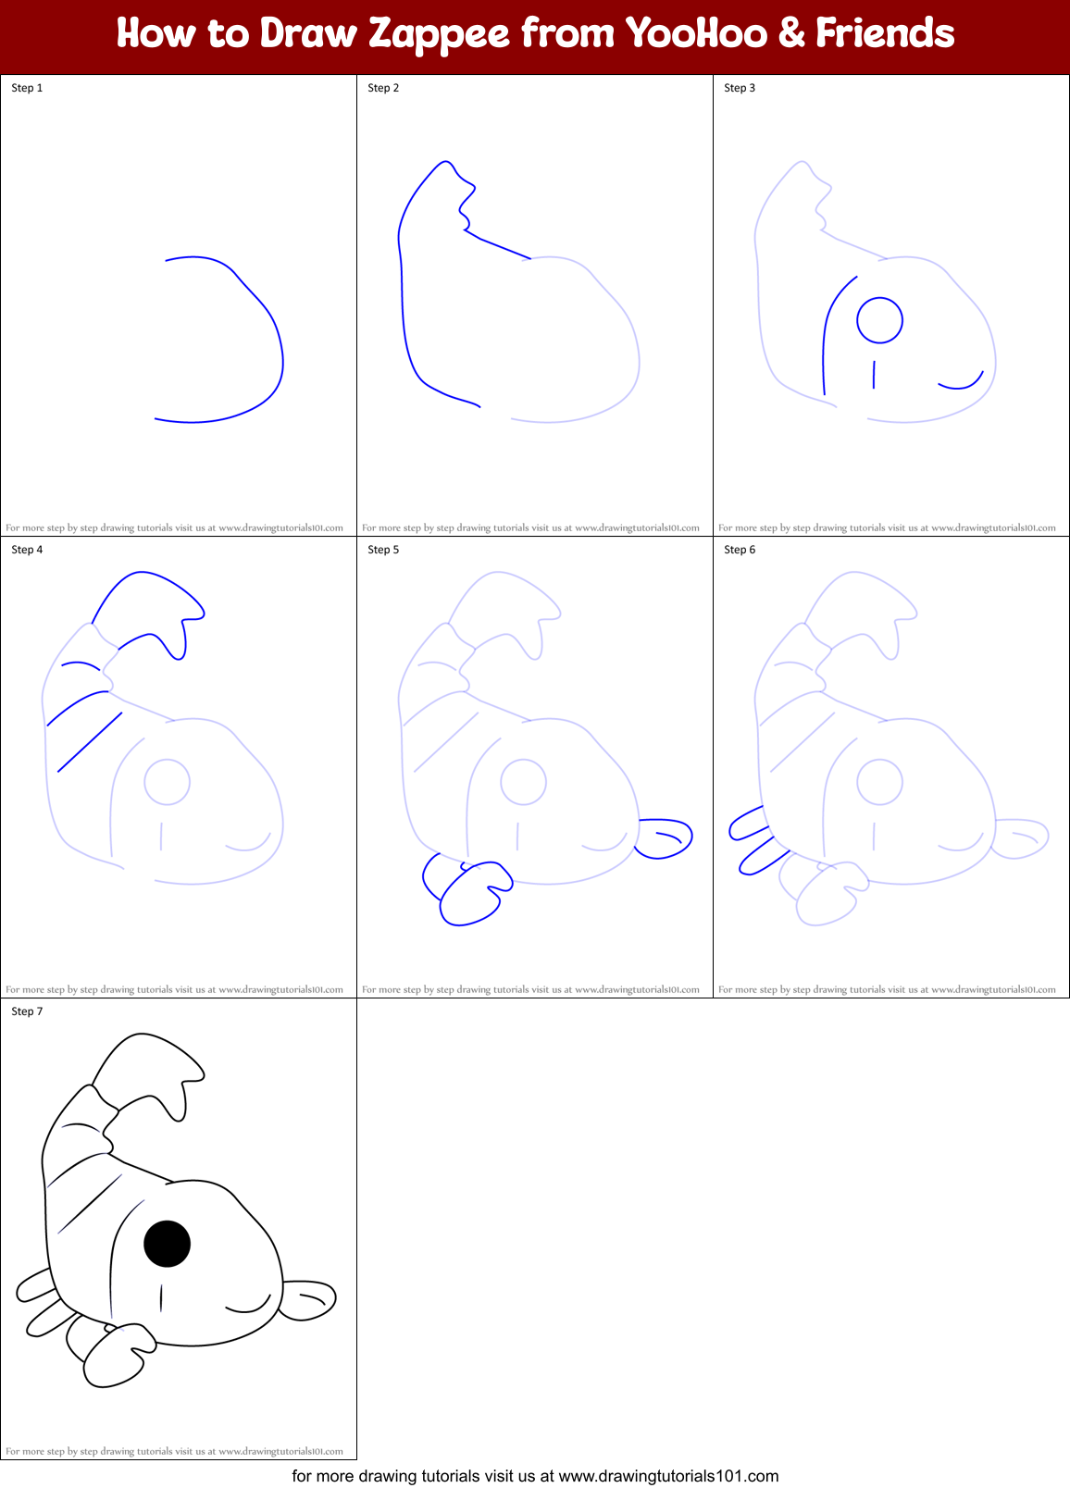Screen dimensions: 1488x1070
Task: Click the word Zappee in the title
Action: (x=439, y=34)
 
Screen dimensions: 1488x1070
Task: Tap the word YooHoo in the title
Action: (x=696, y=34)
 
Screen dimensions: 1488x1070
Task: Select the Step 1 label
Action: (x=27, y=88)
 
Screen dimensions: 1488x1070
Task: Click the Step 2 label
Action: (x=383, y=88)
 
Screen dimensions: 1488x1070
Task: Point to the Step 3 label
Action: (x=740, y=88)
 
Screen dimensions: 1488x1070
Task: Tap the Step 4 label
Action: (x=27, y=550)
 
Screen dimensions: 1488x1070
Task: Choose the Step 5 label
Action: (x=383, y=550)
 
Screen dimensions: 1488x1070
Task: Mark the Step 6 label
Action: (x=740, y=550)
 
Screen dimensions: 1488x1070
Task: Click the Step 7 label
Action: (x=27, y=1011)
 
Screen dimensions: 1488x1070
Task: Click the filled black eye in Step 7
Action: (x=168, y=1244)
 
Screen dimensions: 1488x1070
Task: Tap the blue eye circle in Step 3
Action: (x=879, y=320)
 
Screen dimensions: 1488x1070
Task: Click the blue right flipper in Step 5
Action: (x=664, y=837)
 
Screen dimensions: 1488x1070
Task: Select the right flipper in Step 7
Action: (x=308, y=1299)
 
